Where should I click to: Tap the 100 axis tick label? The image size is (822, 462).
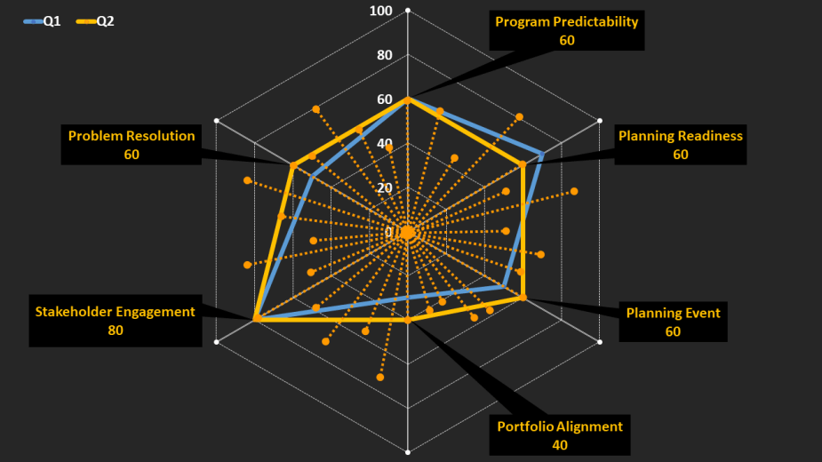click(x=381, y=11)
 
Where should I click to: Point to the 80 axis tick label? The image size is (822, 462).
click(x=384, y=55)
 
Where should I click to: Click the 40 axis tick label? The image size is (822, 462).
click(x=384, y=144)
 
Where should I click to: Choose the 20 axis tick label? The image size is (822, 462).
click(x=384, y=188)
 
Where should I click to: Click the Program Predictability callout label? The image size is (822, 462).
click(x=566, y=22)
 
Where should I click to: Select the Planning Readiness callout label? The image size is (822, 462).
click(x=680, y=136)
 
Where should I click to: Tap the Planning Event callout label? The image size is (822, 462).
click(x=673, y=313)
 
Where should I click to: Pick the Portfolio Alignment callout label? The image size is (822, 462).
click(x=560, y=426)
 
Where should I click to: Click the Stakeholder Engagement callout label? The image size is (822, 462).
click(x=115, y=312)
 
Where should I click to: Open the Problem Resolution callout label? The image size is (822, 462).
click(x=132, y=136)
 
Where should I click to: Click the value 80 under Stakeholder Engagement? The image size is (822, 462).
click(x=115, y=330)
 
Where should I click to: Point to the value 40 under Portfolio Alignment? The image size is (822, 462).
click(x=560, y=444)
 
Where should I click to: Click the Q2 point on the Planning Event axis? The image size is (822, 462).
click(x=523, y=299)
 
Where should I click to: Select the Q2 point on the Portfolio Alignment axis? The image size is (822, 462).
click(x=407, y=320)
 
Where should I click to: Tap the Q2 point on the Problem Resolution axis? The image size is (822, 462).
click(x=292, y=165)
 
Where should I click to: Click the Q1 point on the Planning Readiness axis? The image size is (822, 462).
click(x=542, y=154)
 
